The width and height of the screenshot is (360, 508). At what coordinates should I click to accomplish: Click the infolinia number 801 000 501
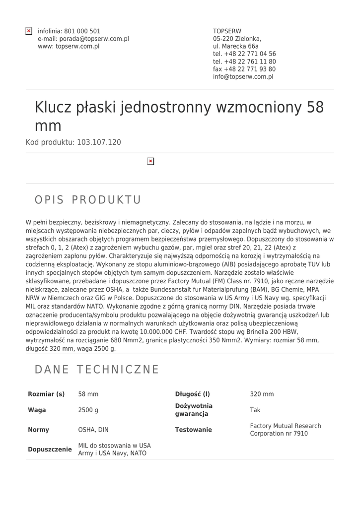coord(82,31)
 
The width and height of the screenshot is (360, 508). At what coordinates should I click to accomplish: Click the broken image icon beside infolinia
coord(29,31)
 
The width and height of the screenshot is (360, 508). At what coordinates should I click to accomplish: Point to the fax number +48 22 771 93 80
coord(244,69)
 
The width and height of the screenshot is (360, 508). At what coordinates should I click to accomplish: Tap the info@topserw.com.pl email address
coord(243,77)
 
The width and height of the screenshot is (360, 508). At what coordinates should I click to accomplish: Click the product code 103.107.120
coord(99,142)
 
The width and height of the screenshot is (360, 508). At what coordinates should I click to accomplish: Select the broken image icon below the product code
coord(151,161)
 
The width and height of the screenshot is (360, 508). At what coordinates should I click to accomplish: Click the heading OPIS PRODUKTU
coord(88,200)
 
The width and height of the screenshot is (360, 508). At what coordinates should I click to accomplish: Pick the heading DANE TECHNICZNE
coord(97,370)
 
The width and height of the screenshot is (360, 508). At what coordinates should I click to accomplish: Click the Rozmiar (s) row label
coord(46,394)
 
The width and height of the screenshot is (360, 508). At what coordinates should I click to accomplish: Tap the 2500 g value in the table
coord(88,410)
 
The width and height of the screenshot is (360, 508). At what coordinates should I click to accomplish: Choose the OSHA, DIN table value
coord(93,430)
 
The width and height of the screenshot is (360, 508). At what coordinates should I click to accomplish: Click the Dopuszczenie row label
coord(50,449)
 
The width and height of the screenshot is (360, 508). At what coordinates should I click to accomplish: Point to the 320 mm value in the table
coord(262,394)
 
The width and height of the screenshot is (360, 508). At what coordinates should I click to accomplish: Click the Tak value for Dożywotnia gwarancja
coord(255,410)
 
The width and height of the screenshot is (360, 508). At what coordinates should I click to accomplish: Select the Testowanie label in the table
coord(193,430)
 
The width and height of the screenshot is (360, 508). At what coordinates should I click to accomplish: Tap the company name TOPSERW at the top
coord(227,31)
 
